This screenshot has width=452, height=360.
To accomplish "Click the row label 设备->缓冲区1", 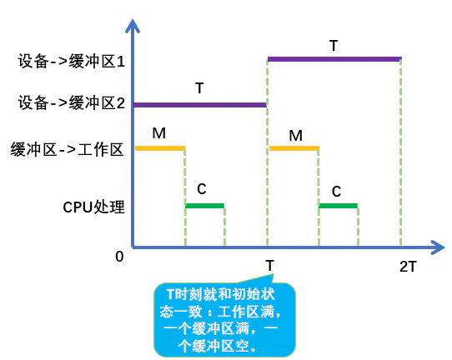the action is point(72,61).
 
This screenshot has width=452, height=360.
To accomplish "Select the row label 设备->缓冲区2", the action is point(72,102).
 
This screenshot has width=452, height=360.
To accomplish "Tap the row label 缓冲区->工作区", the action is point(68,150).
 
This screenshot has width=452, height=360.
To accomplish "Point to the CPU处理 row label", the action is point(93,207).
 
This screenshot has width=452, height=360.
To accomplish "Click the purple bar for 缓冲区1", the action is point(334,59).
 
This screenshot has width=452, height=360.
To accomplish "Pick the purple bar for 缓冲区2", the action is point(199,105).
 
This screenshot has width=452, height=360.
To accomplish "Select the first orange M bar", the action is point(160,148).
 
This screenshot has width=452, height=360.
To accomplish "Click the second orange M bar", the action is point(294,148).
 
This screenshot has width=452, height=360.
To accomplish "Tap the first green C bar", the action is point(204,206).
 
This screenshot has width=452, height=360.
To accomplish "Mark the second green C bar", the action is point(338,206).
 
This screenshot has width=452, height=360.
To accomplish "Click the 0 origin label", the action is point(119,257).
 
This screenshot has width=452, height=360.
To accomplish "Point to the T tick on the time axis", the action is point(270,266).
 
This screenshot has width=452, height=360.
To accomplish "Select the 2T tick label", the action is point(408,267).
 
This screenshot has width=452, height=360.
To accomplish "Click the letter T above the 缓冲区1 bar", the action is point(334,46).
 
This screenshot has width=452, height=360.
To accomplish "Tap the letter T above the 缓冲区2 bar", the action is point(199,87).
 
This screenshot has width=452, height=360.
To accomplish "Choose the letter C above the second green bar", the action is point(336,192).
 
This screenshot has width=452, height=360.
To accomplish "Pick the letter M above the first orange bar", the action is point(158,133).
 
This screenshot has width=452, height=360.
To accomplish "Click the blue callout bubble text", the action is point(221,320).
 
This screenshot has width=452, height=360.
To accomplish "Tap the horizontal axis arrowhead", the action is point(438,247).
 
